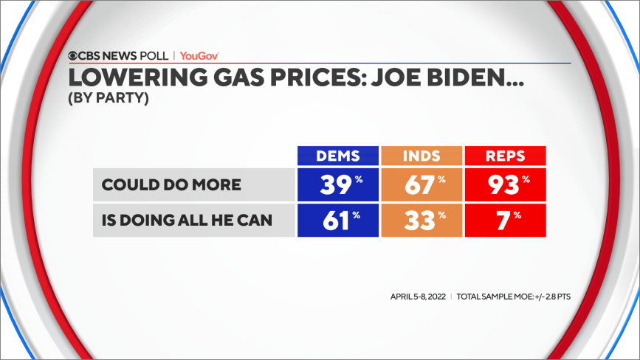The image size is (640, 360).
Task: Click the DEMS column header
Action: pos(338,156)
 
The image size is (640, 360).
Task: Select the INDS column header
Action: pos(421,156)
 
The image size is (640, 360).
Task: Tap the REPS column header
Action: pos(504,156)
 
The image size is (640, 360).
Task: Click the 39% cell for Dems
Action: pos(338,184)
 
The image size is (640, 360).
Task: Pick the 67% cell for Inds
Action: pos(421,184)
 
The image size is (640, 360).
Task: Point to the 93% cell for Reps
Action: pos(504,184)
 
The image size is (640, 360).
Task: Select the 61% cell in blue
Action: pos(338,220)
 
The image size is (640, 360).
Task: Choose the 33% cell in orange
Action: pos(421,220)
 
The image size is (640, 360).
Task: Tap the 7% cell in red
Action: pos(504,220)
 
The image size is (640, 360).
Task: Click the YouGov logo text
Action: pos(199,55)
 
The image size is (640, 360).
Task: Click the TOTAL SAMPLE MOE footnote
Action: pos(513,297)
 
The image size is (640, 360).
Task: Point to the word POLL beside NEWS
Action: pos(154,55)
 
